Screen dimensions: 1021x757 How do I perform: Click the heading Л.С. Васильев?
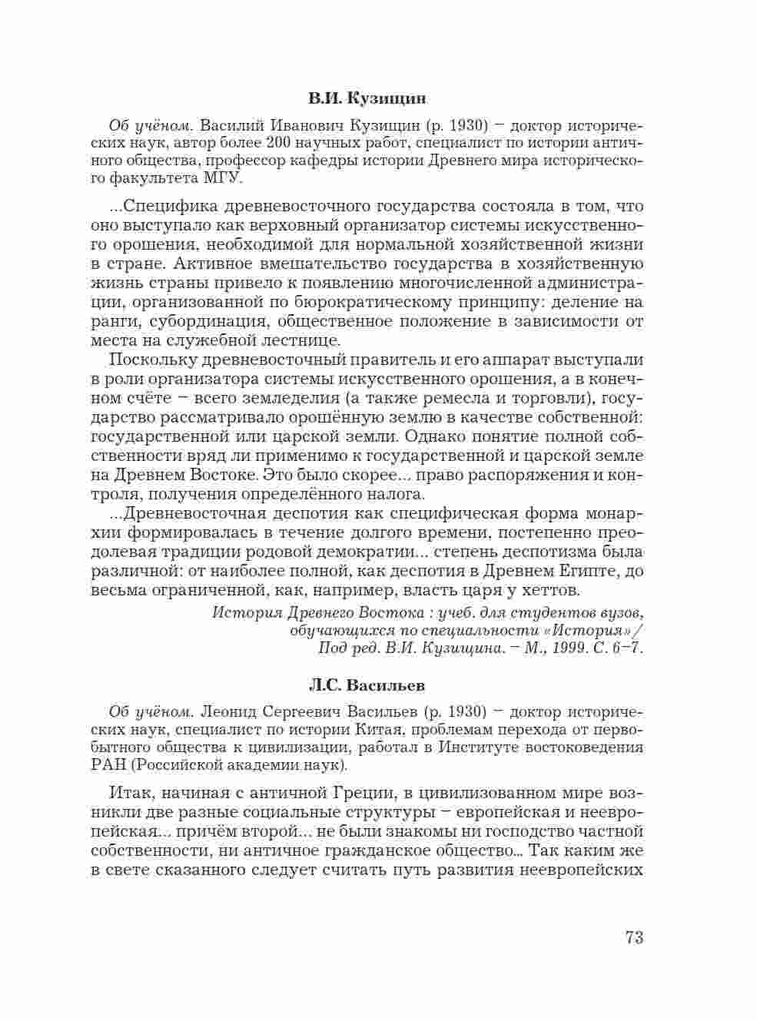click(x=367, y=684)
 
